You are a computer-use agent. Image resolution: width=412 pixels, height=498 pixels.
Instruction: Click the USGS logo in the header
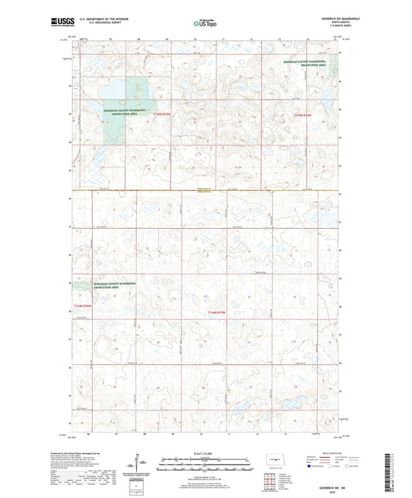tap(56, 22)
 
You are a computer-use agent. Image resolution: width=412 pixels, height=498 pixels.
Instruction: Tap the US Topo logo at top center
tap(203, 24)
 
